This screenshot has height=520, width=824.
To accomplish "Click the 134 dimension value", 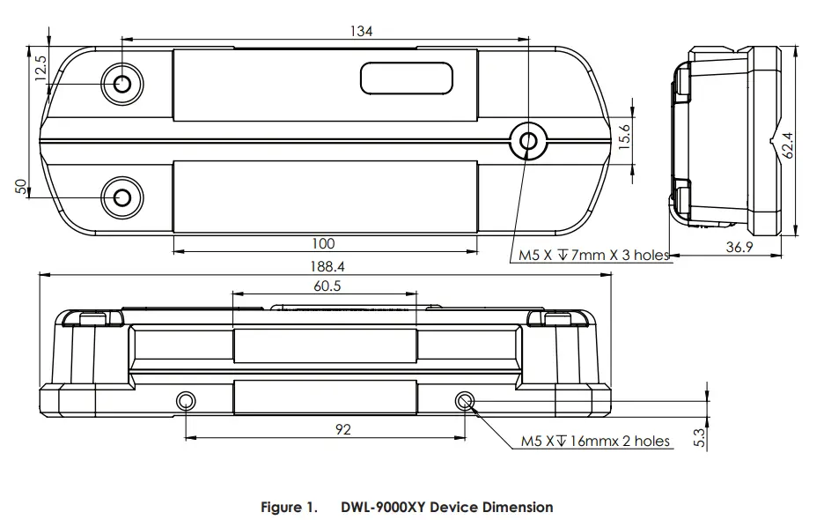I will pyautogui.click(x=361, y=31).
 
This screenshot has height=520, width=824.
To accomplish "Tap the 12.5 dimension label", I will pyautogui.click(x=40, y=68).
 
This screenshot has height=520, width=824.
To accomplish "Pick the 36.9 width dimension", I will pyautogui.click(x=739, y=248).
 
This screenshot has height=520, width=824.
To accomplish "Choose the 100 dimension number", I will pyautogui.click(x=324, y=243).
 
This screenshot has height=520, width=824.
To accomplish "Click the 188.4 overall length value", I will pyautogui.click(x=324, y=265).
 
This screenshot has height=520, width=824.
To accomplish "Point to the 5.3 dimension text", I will pyautogui.click(x=700, y=436).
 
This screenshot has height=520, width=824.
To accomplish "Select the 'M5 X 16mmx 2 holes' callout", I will pyautogui.click(x=595, y=442).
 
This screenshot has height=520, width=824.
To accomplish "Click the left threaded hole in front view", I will pyautogui.click(x=186, y=402).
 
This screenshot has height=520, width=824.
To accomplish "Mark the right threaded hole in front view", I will pyautogui.click(x=465, y=402).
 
